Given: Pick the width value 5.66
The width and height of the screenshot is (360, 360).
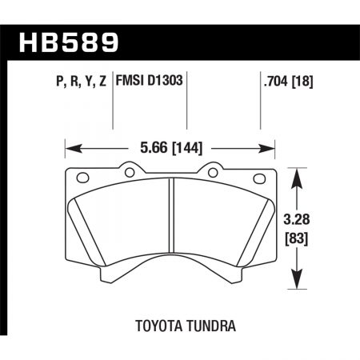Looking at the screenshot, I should pyautogui.click(x=153, y=148).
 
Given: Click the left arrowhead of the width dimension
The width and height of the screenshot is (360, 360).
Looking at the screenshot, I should pyautogui.click(x=70, y=148).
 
